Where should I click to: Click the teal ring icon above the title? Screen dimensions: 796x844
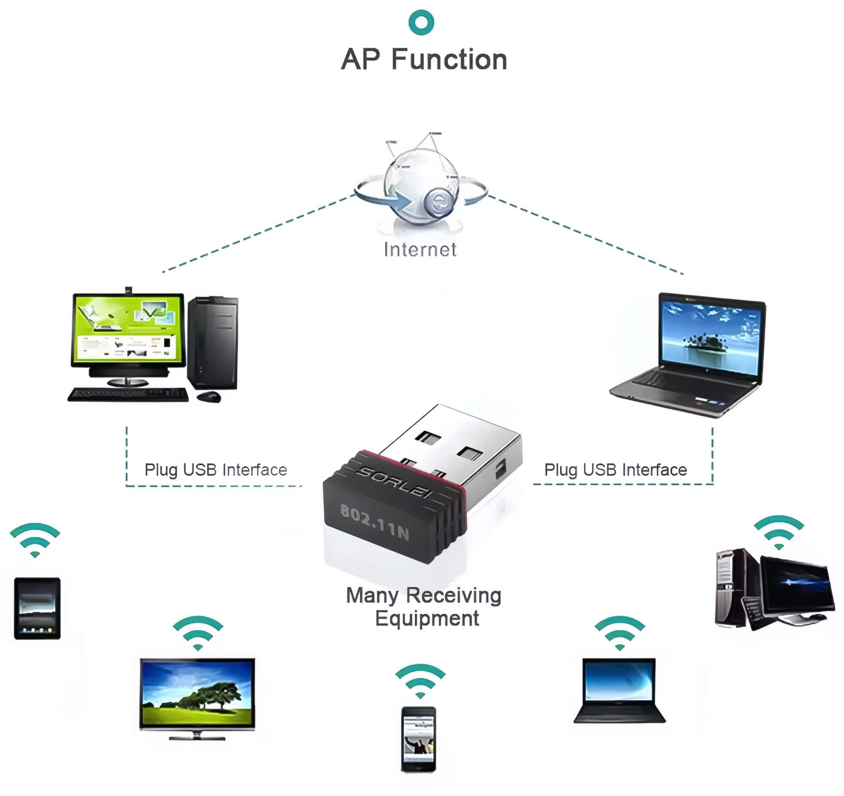tap(421, 22)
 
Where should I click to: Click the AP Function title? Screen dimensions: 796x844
tap(424, 60)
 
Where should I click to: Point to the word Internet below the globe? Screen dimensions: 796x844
tap(420, 249)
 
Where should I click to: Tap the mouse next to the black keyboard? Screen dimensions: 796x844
tap(209, 397)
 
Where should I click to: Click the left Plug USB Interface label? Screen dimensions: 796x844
tap(216, 470)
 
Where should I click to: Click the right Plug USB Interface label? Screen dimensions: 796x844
tap(615, 470)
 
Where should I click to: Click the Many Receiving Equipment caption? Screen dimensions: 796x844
tap(424, 606)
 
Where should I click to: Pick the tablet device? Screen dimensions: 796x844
tap(38, 608)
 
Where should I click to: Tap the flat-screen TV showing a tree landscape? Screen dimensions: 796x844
tap(197, 697)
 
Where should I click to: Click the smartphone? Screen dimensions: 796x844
tap(419, 739)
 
